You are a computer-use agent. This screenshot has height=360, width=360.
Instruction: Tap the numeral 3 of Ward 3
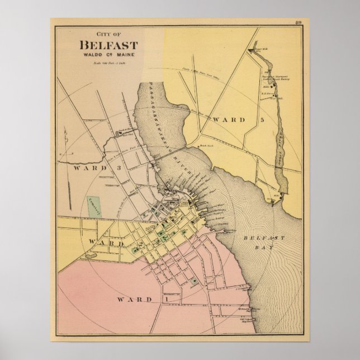[118, 167]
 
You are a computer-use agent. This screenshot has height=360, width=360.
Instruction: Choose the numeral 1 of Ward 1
[165, 300]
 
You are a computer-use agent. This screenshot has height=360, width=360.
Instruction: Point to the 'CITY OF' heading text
[108, 34]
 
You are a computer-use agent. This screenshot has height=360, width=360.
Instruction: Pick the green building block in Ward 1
[194, 282]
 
